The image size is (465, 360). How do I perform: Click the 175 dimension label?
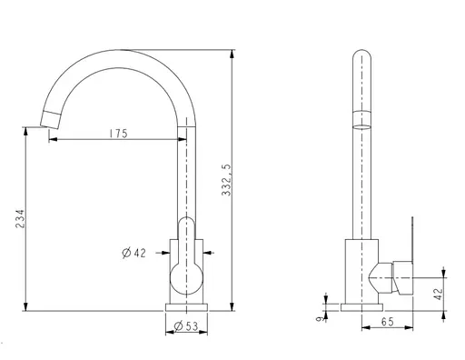pyautogui.click(x=119, y=134)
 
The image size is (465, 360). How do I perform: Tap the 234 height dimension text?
pyautogui.click(x=20, y=218)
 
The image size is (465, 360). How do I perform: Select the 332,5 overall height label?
pyautogui.click(x=226, y=180)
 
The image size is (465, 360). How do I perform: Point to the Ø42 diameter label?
pyautogui.click(x=134, y=253)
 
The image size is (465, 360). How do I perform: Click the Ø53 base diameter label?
pyautogui.click(x=186, y=326)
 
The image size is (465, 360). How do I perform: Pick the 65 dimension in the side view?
pyautogui.click(x=388, y=322)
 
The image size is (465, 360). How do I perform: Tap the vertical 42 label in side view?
pyautogui.click(x=439, y=294)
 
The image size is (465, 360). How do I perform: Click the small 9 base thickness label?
pyautogui.click(x=319, y=319)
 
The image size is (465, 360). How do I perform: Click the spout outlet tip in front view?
pyautogui.click(x=49, y=120)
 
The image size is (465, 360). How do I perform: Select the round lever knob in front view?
pyautogui.click(x=186, y=278)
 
